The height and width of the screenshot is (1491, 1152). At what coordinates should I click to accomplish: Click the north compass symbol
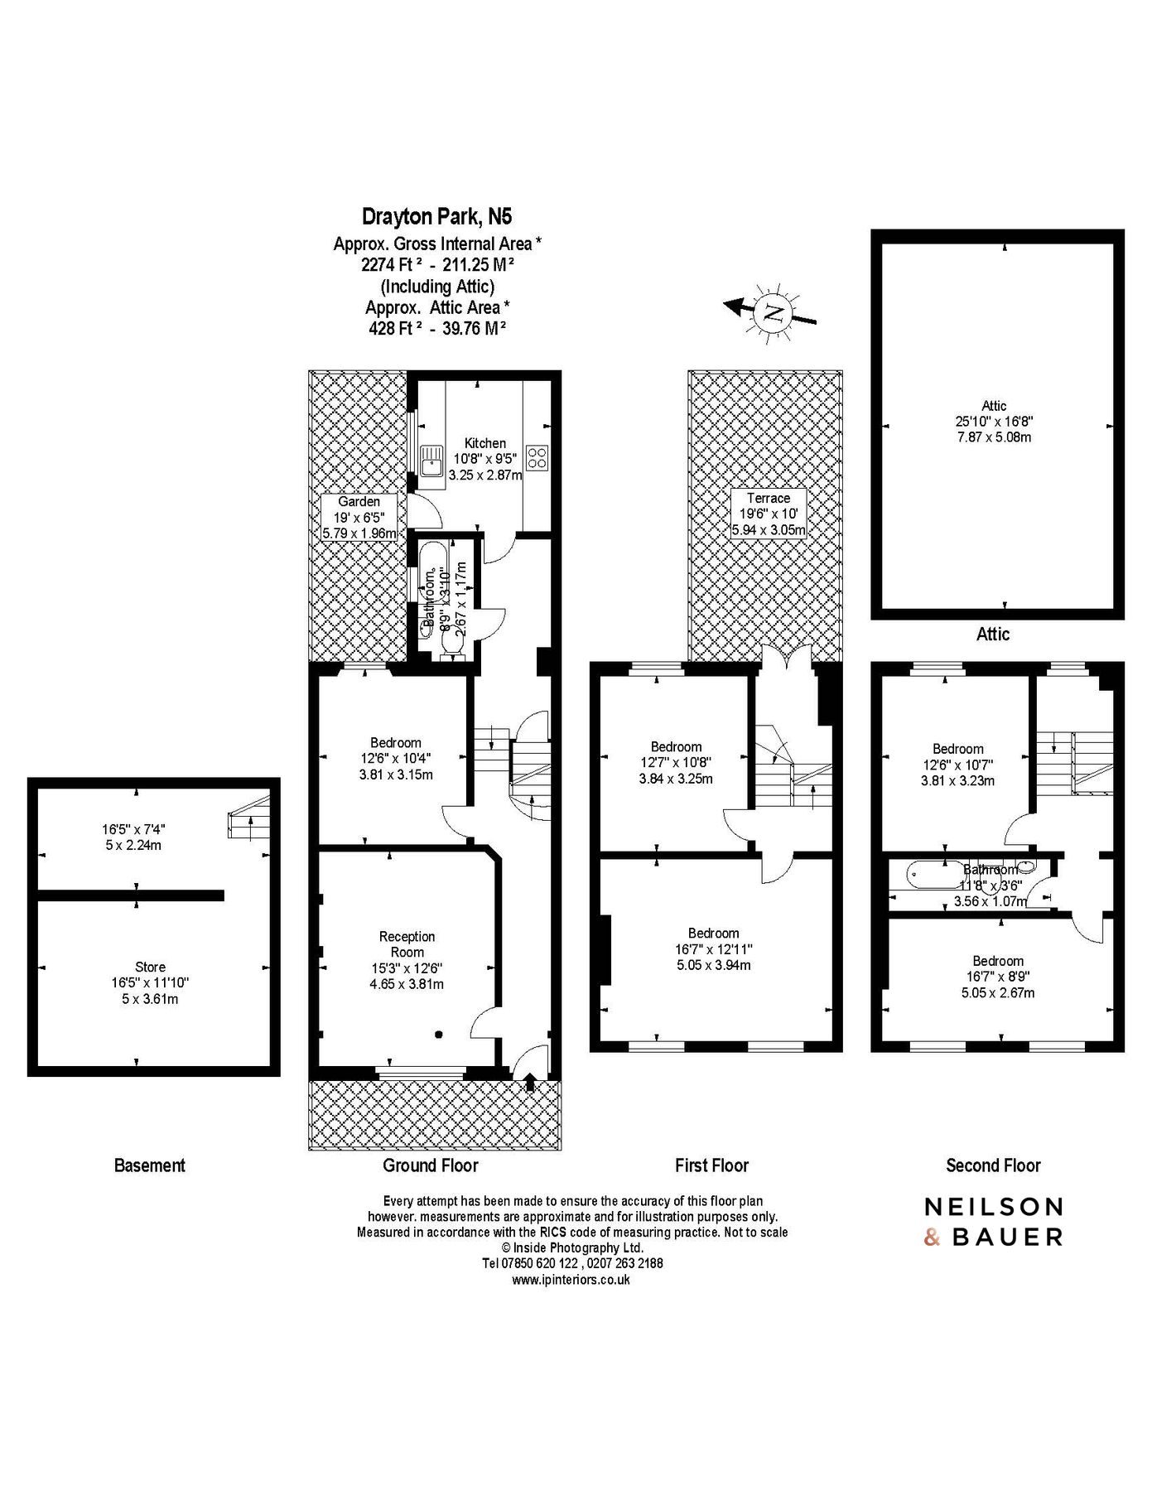pos(773,311)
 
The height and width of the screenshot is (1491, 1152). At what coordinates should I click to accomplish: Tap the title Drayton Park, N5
pos(436,217)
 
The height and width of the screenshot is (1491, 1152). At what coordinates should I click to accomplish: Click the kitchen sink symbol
pos(431,460)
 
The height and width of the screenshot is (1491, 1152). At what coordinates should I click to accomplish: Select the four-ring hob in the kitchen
pos(537,458)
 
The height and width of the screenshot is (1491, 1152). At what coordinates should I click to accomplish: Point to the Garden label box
pos(359,517)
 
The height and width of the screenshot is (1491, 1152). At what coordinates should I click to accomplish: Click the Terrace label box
pos(768,514)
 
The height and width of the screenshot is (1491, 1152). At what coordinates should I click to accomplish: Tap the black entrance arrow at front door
pos(530,1080)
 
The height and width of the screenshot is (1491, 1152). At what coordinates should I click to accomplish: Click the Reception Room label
pos(407,944)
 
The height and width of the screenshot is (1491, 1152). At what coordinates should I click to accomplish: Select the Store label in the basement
pos(150,967)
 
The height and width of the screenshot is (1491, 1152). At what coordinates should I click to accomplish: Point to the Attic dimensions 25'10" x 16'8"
pos(994,421)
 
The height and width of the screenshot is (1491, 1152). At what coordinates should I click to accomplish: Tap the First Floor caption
pos(711,1165)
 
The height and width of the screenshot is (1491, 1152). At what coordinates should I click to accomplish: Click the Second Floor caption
pos(993,1165)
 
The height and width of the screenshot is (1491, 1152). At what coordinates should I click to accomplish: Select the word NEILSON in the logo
pos(994,1206)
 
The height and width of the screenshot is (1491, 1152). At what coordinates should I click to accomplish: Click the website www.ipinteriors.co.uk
pos(571,1279)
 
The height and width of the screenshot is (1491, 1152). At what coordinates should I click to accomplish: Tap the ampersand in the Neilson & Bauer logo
pos(933,1238)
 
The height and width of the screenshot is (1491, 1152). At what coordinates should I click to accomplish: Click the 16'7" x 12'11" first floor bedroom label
pos(713,949)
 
